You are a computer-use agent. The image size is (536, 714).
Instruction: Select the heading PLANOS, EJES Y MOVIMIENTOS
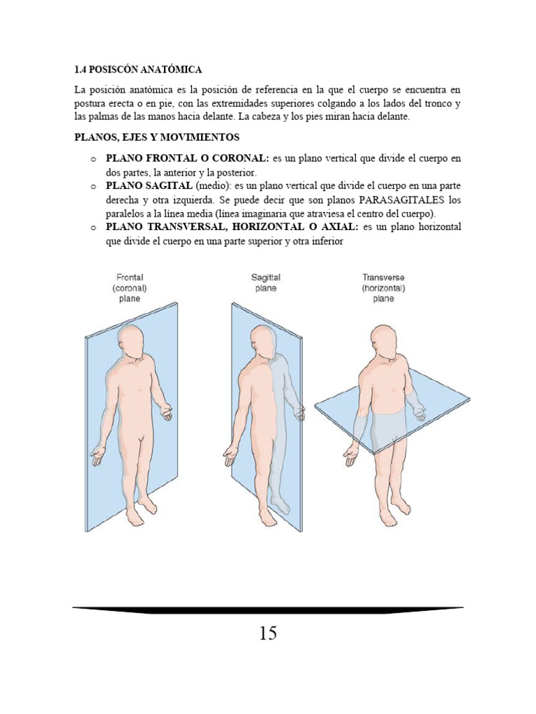[x=156, y=137]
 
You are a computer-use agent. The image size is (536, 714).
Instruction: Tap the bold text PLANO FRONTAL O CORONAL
[x=186, y=158]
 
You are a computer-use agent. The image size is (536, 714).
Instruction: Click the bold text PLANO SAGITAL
[x=149, y=186]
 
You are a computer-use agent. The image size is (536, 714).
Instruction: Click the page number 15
[x=268, y=633]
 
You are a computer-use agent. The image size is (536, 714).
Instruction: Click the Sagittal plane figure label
[x=266, y=282]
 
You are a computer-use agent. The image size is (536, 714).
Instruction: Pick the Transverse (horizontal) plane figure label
[x=383, y=288]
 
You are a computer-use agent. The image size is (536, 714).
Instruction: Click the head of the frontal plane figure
[x=132, y=341]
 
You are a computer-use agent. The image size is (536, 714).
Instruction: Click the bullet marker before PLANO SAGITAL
[x=93, y=187]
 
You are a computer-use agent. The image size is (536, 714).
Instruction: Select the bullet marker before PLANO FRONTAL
[x=93, y=159]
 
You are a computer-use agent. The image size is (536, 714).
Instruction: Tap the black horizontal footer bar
[x=268, y=610]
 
